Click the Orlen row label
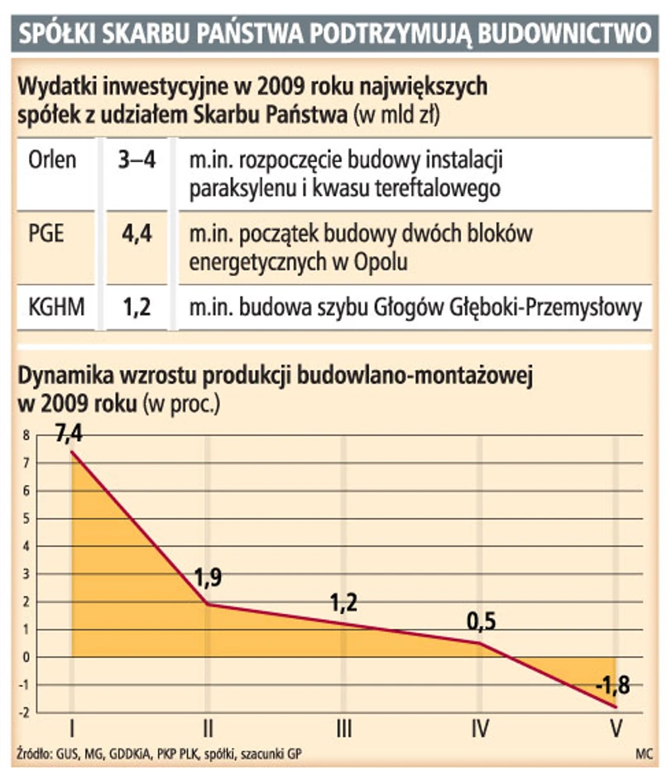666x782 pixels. [51, 159]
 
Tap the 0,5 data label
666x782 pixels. [481, 621]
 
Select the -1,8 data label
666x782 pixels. [613, 685]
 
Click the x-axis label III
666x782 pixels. [344, 728]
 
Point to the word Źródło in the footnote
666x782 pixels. [33, 754]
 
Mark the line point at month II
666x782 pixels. [208, 604]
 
